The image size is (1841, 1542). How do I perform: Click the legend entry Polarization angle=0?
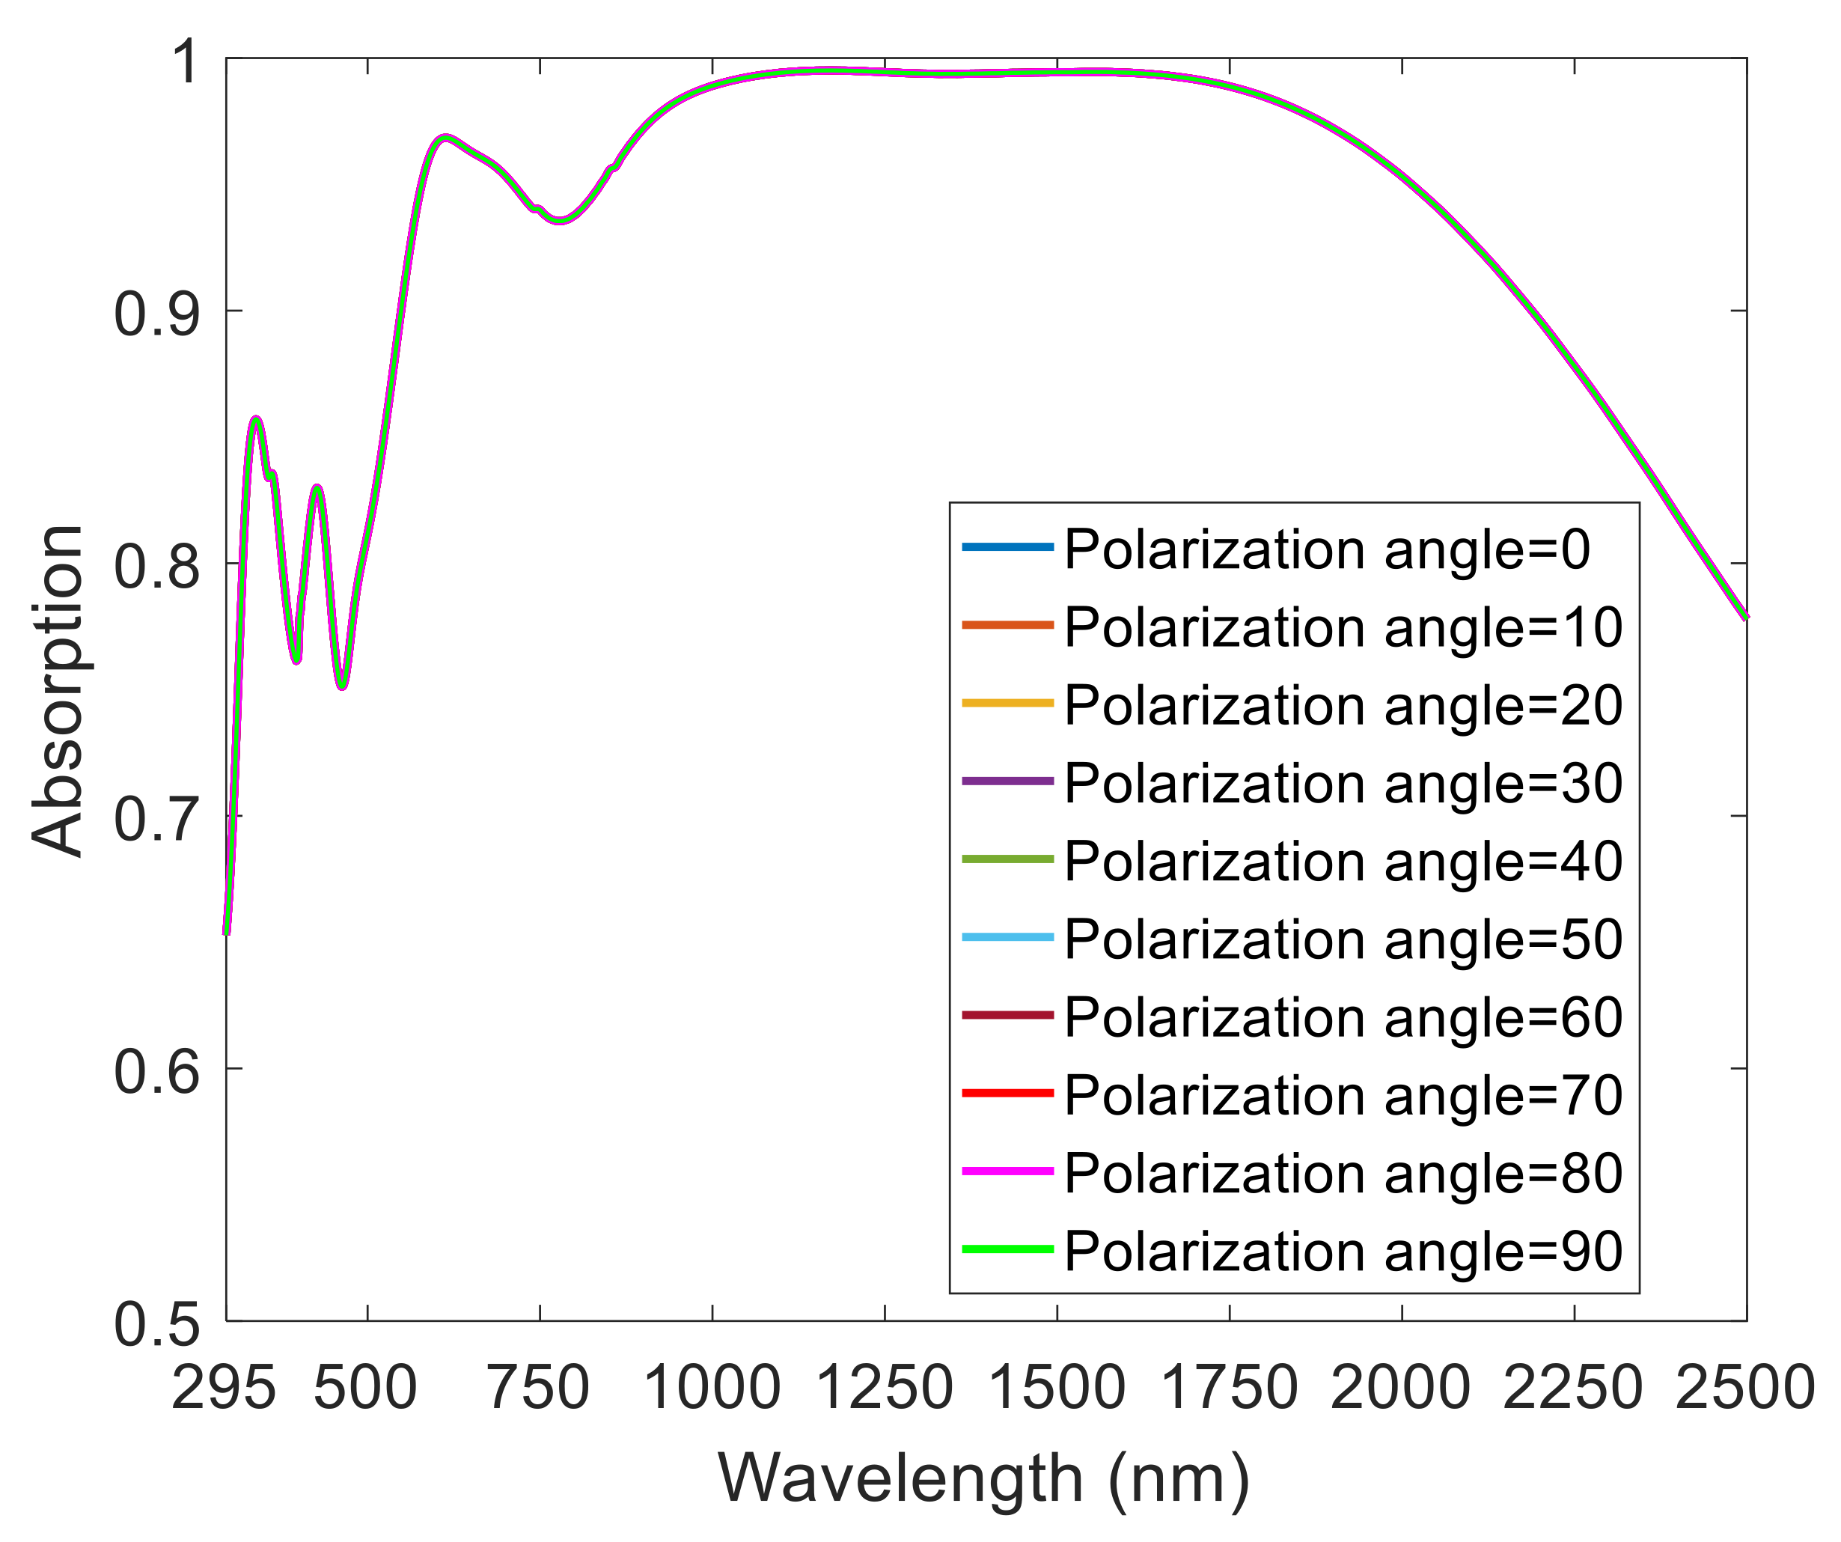[x=1326, y=549]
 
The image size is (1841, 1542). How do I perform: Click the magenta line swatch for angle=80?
[x=1007, y=1171]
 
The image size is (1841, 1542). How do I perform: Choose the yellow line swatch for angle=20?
[x=1007, y=703]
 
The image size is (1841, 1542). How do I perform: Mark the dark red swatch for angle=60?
[x=1007, y=1015]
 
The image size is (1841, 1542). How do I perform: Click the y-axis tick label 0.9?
[x=158, y=314]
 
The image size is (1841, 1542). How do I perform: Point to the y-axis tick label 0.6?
[x=158, y=1071]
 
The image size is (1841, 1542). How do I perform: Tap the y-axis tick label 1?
[x=186, y=63]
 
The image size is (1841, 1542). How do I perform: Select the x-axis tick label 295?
[x=225, y=1389]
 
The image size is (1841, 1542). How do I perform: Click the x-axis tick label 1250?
[x=885, y=1389]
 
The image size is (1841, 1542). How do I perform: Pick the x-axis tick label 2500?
[x=1744, y=1389]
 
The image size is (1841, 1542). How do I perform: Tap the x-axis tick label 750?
[x=539, y=1389]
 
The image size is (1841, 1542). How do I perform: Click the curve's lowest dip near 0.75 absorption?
[x=343, y=686]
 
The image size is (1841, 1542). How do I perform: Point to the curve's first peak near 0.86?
[x=256, y=419]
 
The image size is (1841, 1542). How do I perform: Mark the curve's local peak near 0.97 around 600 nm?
[x=446, y=138]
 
